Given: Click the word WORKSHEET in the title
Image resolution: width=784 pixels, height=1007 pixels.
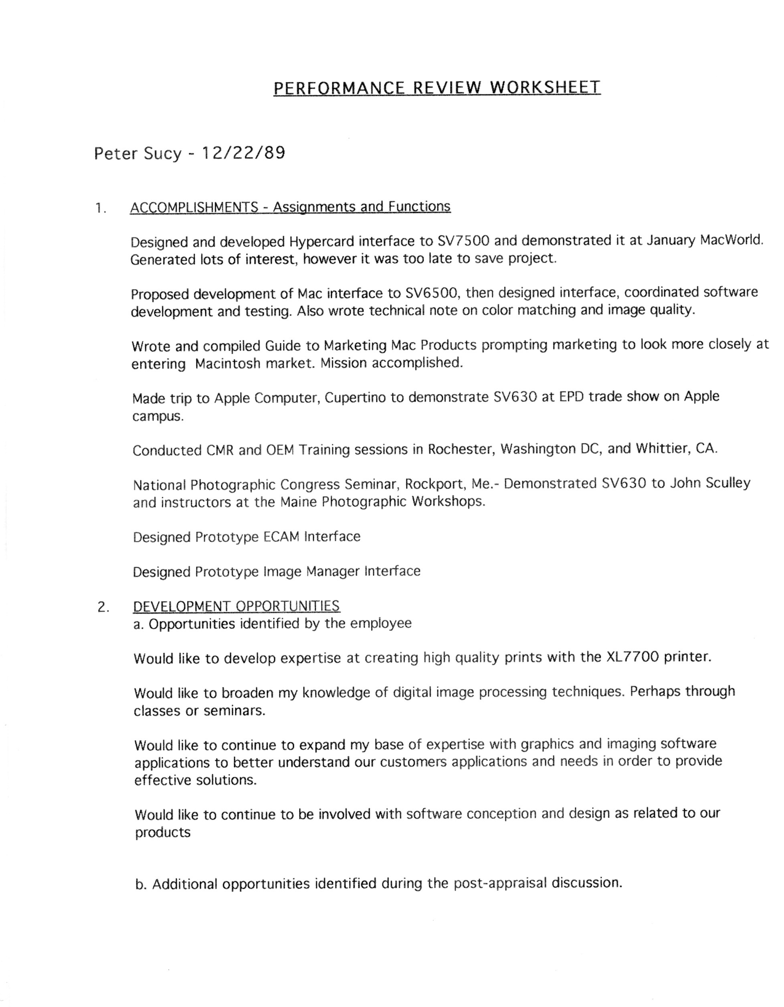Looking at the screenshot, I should tap(545, 87).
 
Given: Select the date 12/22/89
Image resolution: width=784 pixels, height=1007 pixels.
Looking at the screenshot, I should tap(243, 153).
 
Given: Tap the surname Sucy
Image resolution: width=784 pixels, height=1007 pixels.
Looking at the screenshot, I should tap(163, 154).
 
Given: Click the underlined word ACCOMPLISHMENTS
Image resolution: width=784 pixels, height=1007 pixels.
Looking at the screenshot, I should tap(194, 207).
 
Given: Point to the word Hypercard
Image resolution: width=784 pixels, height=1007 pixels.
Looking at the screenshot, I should tap(322, 241).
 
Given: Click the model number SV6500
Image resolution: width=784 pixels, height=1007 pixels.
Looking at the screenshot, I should tap(431, 293).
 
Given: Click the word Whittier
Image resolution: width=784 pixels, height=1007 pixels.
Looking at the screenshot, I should tap(662, 448).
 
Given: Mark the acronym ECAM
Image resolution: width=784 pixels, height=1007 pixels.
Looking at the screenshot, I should tap(281, 537).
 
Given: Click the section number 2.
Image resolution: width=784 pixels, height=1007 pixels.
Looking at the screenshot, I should tap(103, 607).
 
